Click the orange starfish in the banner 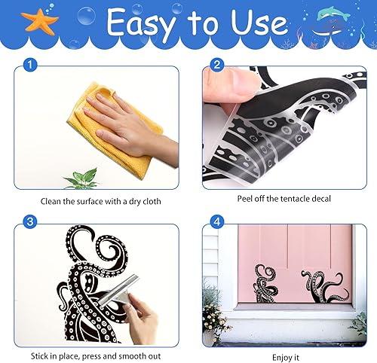pyautogui.click(x=40, y=22)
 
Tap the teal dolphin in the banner pyautogui.click(x=333, y=14)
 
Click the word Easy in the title pyautogui.click(x=142, y=23)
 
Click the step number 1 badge pyautogui.click(x=30, y=65)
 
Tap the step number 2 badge pyautogui.click(x=217, y=65)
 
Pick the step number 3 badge pyautogui.click(x=30, y=221)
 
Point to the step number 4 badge pyautogui.click(x=217, y=221)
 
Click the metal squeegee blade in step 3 pyautogui.click(x=118, y=289)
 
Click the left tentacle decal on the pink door pyautogui.click(x=265, y=283)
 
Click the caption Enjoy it pyautogui.click(x=286, y=357)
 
